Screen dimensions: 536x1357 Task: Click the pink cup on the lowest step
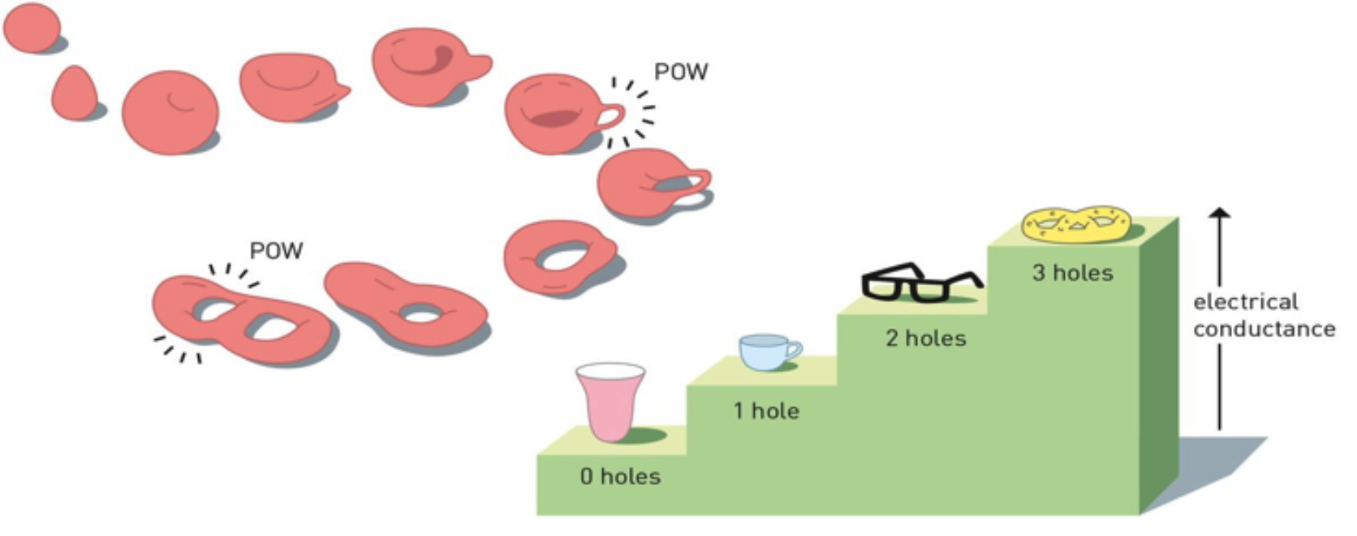[610, 406]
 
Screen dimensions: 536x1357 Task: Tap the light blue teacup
[765, 352]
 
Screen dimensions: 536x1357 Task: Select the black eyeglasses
[919, 282]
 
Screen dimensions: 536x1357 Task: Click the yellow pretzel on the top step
[1076, 224]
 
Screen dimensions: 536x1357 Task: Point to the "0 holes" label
[620, 476]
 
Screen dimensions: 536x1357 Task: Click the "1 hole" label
[766, 411]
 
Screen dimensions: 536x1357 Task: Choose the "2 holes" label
[925, 338]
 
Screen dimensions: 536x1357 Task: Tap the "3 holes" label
[1073, 273]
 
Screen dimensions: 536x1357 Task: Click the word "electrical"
[1246, 302]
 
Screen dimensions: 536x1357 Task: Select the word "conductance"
[1264, 329]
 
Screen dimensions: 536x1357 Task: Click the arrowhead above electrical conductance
[1219, 213]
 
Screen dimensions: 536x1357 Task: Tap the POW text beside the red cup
[681, 72]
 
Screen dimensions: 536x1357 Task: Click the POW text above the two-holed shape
[276, 251]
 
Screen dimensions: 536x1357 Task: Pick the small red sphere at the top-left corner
[32, 27]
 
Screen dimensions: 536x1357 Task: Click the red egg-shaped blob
[74, 93]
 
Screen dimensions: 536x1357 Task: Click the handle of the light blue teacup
[793, 349]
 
